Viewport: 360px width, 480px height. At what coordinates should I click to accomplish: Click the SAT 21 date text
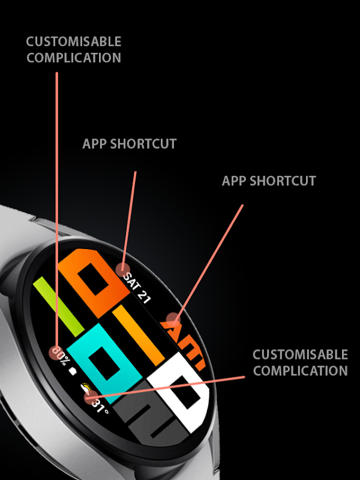pos(137,289)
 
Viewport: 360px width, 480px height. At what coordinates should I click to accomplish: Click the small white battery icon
pos(73,371)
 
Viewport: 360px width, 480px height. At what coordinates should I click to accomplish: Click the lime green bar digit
pos(58,307)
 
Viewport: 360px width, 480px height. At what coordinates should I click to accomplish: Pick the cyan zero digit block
pos(104,358)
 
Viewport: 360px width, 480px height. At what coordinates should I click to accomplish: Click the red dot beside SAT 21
pos(123,270)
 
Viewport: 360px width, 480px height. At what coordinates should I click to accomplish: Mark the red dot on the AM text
pos(173,320)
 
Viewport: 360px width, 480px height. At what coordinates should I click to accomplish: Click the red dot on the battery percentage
pos(56,353)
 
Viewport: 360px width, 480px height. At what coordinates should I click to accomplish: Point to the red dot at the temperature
pos(91,397)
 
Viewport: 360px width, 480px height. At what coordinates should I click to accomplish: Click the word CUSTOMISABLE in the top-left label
pos(74,41)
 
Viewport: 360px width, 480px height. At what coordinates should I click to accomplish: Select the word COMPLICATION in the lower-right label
pos(301,371)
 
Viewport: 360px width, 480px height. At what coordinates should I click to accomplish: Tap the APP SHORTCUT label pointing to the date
pos(130,144)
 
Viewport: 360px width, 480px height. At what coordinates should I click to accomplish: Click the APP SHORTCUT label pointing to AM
pos(269,181)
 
